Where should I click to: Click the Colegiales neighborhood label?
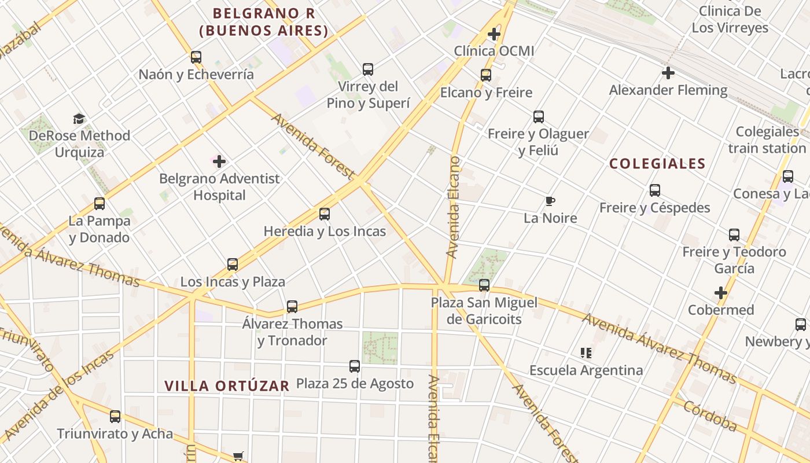[657, 164]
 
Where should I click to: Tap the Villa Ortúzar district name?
[226, 386]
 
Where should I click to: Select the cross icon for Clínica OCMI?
[494, 34]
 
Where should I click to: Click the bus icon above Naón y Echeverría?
[196, 57]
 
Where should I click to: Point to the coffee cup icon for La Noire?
[550, 201]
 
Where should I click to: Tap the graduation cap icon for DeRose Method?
[79, 119]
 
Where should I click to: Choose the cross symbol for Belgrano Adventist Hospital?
[219, 161]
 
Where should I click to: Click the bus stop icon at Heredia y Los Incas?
[325, 214]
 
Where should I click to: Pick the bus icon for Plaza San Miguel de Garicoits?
[484, 285]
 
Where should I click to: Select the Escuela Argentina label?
[586, 370]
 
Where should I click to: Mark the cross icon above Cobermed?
[720, 293]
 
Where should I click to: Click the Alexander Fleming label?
[668, 90]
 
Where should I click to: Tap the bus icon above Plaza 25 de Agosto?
[355, 366]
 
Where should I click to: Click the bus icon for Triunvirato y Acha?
[115, 417]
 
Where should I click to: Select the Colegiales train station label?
[767, 140]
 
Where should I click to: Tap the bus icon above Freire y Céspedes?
[655, 190]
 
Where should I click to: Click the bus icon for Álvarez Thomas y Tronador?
[292, 307]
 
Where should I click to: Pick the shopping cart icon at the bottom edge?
[238, 457]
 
